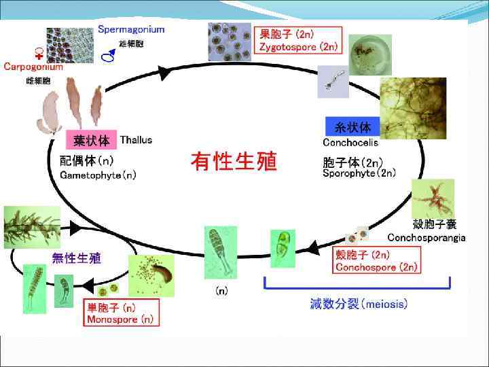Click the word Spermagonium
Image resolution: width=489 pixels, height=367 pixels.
[131, 29]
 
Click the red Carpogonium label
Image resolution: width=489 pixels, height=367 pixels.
[33, 67]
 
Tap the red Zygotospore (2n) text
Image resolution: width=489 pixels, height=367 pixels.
[298, 47]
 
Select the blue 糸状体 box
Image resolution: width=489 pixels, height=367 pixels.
[353, 127]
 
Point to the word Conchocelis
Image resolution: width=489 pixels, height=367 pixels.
[350, 143]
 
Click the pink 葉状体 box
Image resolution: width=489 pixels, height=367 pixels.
[90, 141]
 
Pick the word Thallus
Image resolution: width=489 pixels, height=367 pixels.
[136, 140]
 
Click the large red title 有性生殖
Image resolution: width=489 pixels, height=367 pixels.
[234, 162]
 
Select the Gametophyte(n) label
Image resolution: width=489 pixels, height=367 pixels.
[98, 175]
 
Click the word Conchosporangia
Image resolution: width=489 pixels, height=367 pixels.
[427, 237]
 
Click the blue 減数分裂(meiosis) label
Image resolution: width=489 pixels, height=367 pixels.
[359, 304]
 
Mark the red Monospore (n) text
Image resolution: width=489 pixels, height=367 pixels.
[121, 319]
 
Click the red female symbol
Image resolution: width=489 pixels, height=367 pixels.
[39, 54]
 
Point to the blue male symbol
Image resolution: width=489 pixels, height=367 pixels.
[108, 57]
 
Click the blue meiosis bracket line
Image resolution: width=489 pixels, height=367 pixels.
[357, 288]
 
